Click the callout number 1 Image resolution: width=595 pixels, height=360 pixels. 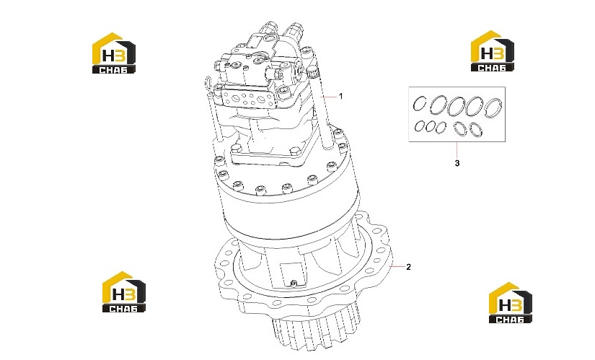tap(340, 96)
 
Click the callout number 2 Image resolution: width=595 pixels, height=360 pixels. tap(408, 267)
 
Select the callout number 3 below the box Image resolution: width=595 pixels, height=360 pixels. tap(457, 163)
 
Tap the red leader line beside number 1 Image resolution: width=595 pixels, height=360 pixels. tap(329, 97)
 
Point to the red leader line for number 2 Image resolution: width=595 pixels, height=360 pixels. tap(397, 267)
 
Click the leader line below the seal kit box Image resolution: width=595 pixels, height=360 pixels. tap(457, 149)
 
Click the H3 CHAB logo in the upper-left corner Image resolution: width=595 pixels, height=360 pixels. tap(114, 53)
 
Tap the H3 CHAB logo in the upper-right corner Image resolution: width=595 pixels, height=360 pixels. tap(493, 51)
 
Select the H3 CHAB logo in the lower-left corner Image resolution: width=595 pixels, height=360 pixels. tap(124, 291)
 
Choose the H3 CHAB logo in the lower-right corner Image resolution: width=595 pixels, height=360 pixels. tap(511, 303)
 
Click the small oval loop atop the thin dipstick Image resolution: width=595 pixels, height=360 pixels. tap(208, 82)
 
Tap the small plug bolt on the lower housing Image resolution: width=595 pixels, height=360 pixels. tap(293, 283)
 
